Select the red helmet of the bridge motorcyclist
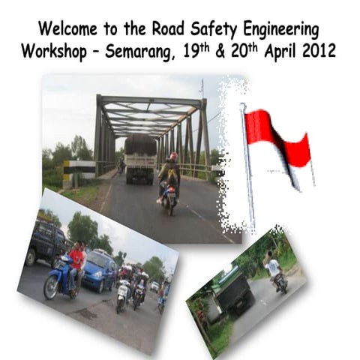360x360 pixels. [173, 157]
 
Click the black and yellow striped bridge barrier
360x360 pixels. [77, 170]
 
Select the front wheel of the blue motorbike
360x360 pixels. [52, 288]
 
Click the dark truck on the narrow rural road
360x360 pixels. [234, 292]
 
